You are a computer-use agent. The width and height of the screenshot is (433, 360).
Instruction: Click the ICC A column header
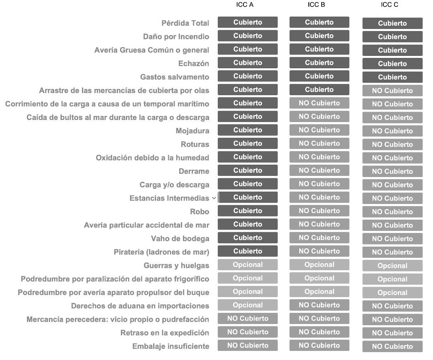pyautogui.click(x=248, y=5)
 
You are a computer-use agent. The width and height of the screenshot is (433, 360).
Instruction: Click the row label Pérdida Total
pyautogui.click(x=185, y=23)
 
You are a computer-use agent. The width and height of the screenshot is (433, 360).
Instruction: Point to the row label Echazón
pyautogui.click(x=193, y=64)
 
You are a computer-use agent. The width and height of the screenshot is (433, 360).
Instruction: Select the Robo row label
pyautogui.click(x=200, y=212)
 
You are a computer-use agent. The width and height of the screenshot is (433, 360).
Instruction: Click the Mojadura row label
pyautogui.click(x=192, y=131)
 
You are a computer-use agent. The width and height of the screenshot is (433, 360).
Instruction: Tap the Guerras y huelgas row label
pyautogui.click(x=176, y=266)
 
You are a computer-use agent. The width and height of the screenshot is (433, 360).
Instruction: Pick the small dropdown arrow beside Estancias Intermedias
pyautogui.click(x=214, y=198)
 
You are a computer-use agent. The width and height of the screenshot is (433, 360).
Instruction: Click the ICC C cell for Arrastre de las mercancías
pyautogui.click(x=392, y=91)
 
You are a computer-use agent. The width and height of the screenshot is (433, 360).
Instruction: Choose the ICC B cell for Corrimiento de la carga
pyautogui.click(x=319, y=103)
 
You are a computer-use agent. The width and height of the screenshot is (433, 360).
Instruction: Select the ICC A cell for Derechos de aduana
pyautogui.click(x=248, y=305)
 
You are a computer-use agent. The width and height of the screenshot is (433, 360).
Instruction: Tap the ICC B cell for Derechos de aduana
pyautogui.click(x=319, y=305)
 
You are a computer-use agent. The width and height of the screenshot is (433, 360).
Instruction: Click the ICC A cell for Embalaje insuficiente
pyautogui.click(x=248, y=346)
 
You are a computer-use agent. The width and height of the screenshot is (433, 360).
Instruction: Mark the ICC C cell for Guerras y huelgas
pyautogui.click(x=392, y=266)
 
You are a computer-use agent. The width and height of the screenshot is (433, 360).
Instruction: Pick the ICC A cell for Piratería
pyautogui.click(x=248, y=251)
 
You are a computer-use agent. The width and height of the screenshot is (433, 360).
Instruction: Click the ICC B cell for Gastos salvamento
pyautogui.click(x=319, y=76)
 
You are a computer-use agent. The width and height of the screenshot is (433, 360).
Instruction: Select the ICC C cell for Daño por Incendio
pyautogui.click(x=392, y=37)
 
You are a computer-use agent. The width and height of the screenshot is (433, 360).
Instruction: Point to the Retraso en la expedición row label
pyautogui.click(x=165, y=333)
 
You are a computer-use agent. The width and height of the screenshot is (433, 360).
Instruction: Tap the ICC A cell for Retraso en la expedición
pyautogui.click(x=248, y=332)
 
